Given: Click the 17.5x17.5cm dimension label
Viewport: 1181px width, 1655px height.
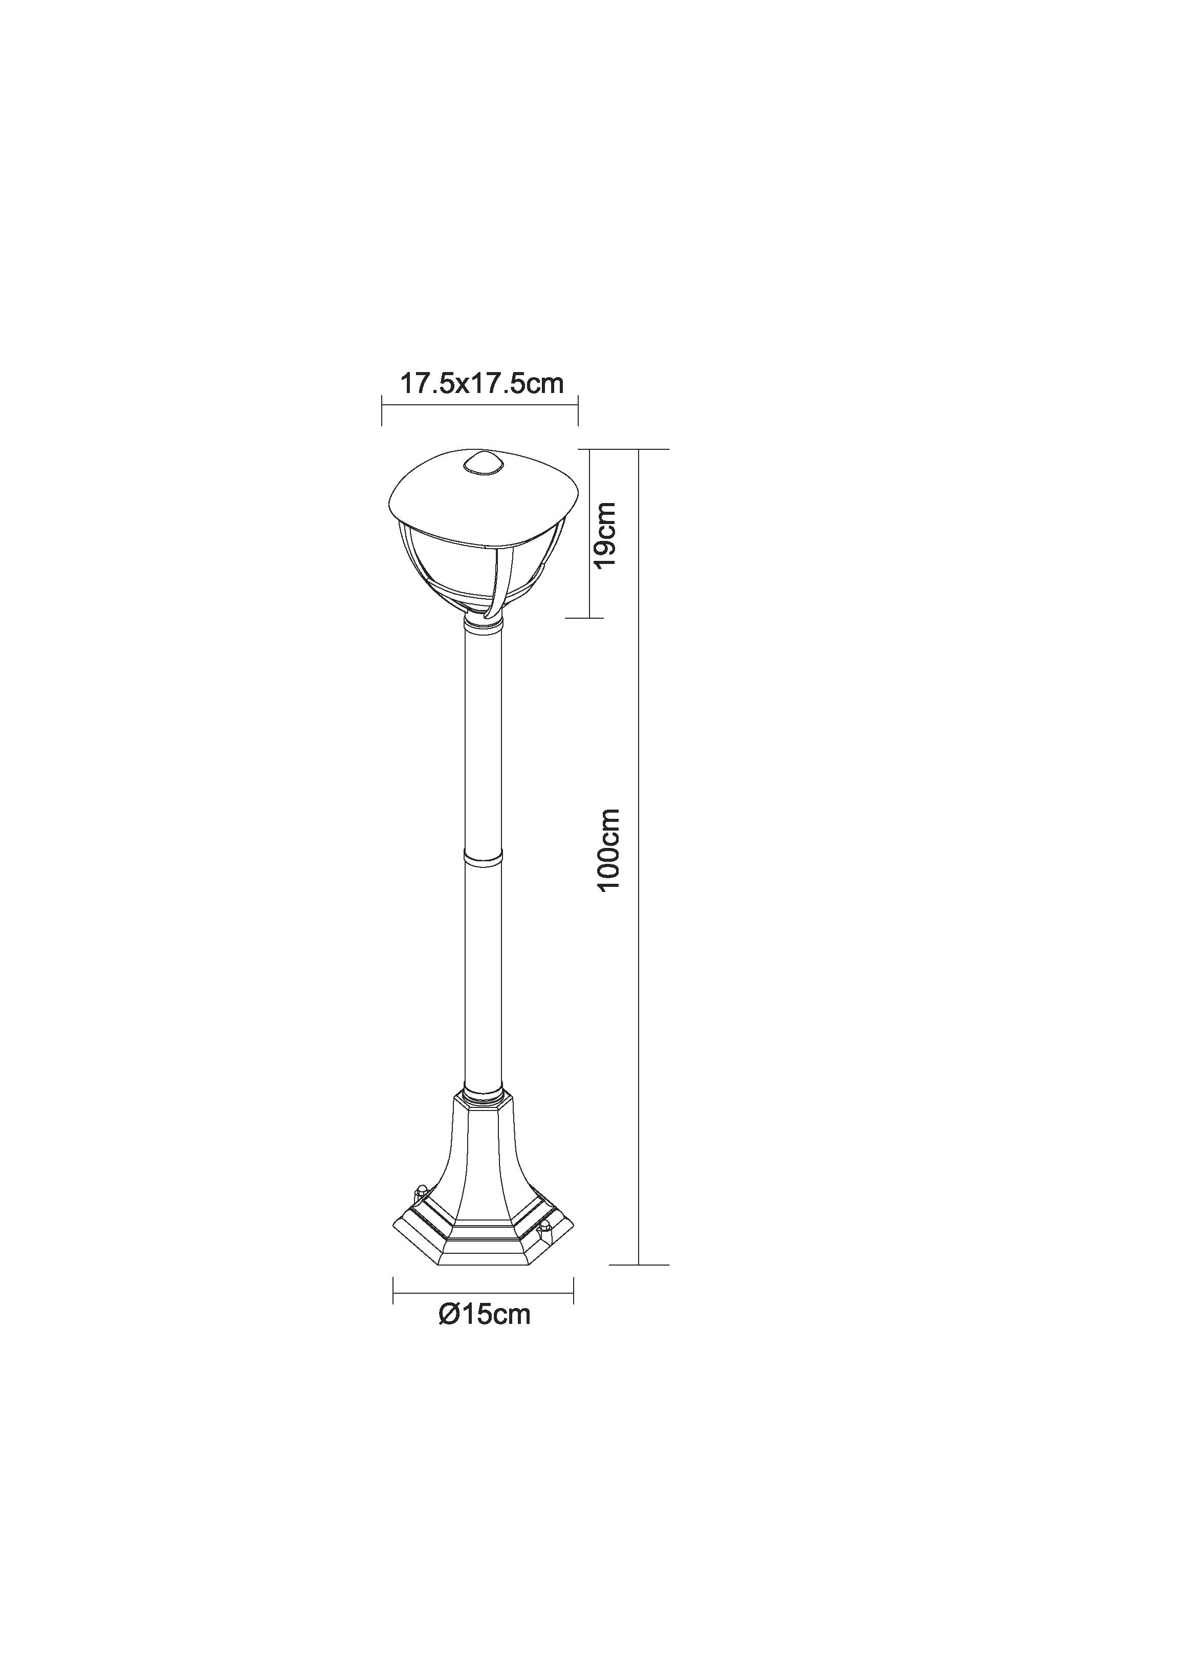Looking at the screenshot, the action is coord(482,384).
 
